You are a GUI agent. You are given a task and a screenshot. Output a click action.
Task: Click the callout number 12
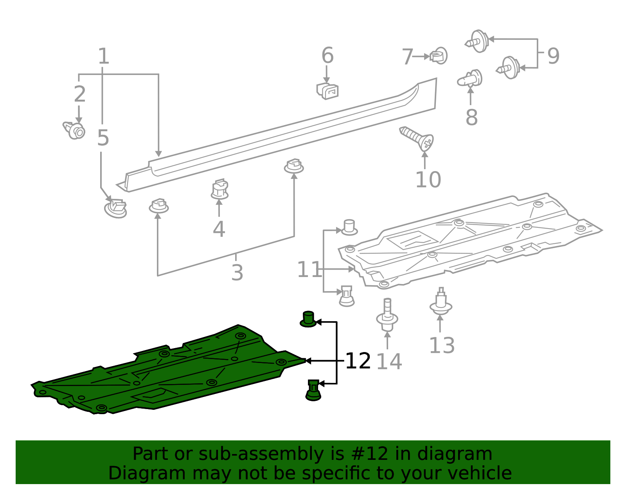(x=358, y=361)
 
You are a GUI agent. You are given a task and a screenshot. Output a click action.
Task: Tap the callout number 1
(x=103, y=56)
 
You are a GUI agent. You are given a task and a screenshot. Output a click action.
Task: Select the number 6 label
(x=327, y=55)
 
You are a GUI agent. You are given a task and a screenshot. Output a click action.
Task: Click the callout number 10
(x=428, y=180)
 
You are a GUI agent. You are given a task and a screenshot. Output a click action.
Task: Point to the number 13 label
(x=442, y=345)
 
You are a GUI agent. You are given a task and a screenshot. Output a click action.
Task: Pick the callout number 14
(x=389, y=361)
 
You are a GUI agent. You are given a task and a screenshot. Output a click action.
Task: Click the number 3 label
(x=237, y=272)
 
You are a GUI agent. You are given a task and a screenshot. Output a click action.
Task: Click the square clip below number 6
(x=328, y=91)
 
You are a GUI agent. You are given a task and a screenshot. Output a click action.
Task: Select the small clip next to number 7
(x=439, y=56)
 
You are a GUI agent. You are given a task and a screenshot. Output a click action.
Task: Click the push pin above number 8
(x=470, y=79)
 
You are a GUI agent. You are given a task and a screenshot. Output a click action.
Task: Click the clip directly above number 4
(x=219, y=189)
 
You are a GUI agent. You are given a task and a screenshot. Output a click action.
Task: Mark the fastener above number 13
(x=441, y=302)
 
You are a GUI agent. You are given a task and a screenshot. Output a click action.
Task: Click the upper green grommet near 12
(x=308, y=319)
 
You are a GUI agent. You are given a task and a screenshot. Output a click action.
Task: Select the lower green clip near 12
(x=313, y=390)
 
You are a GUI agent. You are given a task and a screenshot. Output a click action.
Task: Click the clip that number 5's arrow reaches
(x=116, y=208)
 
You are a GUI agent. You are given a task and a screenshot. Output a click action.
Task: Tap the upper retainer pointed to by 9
(x=478, y=41)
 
